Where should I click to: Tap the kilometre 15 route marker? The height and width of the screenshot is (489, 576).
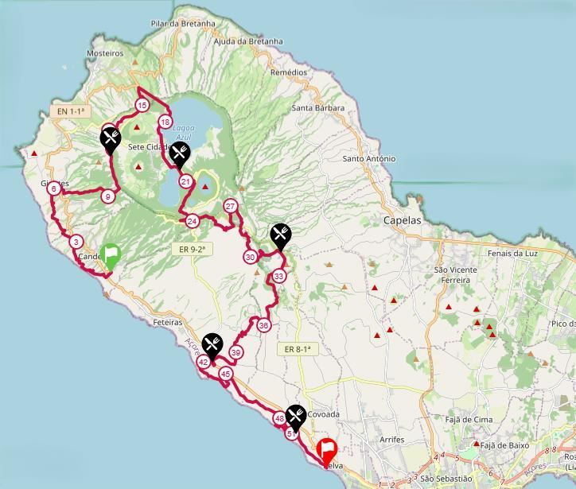coord(142,105)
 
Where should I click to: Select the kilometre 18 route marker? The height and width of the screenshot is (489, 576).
coord(165,122)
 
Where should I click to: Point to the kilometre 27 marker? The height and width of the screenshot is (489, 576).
coord(231,206)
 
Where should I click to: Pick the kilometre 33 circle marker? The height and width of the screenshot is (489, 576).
coord(278,276)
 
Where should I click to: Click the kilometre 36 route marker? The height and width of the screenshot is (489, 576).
coord(263,325)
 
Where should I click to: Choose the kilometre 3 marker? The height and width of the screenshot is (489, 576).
coord(76,242)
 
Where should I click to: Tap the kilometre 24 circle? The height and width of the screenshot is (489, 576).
coord(192,221)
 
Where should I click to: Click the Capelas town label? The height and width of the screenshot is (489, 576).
coord(403,221)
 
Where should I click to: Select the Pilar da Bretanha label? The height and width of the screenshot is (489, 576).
coord(183,24)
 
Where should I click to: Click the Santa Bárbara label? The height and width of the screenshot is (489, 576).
coord(317,107)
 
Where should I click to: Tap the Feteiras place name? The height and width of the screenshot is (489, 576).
coord(165,323)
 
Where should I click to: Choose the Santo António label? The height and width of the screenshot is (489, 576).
coord(368,159)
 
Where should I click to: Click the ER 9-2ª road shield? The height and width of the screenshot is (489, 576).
coord(193,249)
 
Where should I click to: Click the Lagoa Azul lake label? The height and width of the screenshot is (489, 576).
coord(184,132)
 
